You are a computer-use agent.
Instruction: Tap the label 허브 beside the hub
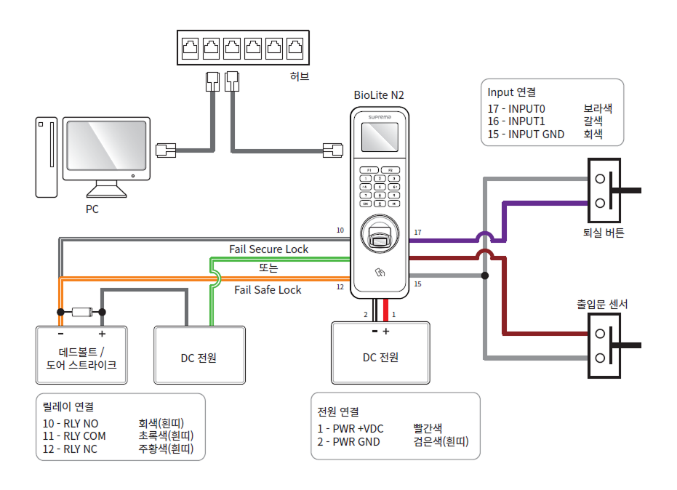click(x=299, y=76)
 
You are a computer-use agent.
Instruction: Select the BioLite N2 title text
click(x=379, y=95)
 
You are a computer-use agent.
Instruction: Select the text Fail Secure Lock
click(x=268, y=249)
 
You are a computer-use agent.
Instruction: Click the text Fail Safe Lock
click(x=268, y=289)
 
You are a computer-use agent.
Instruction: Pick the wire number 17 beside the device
click(x=417, y=233)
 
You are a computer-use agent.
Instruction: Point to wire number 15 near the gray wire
click(x=417, y=284)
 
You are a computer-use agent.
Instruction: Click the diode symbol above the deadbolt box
click(x=81, y=313)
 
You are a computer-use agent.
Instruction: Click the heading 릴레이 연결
click(x=68, y=406)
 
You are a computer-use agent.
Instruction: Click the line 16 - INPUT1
click(x=516, y=121)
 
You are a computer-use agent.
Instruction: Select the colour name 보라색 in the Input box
click(x=598, y=108)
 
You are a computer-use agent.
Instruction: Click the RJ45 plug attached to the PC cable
click(x=167, y=150)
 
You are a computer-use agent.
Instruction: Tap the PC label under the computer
click(x=92, y=209)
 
